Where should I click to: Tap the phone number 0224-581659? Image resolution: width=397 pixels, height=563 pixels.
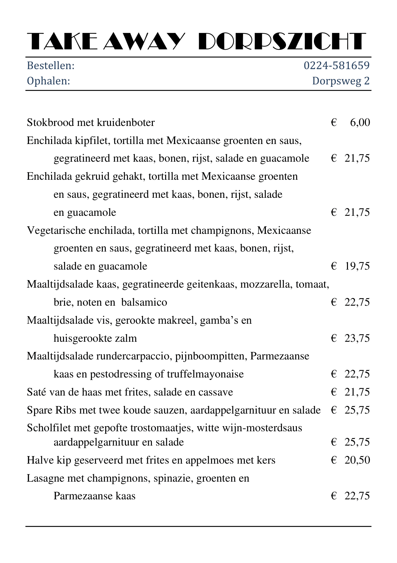coord(336,65)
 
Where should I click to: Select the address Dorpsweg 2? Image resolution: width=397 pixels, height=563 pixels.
coord(341,81)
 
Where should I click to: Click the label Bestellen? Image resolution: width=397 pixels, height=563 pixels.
coord(51,65)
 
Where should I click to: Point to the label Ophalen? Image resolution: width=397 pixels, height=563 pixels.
coord(48,81)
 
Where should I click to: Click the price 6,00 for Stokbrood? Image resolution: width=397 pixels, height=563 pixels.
coord(360,123)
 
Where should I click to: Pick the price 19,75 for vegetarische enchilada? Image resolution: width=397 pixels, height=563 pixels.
coord(357,266)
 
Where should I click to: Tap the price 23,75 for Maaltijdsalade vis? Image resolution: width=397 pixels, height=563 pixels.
coord(357,338)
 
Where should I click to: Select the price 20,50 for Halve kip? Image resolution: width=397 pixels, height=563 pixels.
coord(357,460)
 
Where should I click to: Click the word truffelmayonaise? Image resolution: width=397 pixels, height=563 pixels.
coord(205,374)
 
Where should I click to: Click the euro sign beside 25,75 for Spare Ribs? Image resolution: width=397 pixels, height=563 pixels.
coord(334,410)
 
